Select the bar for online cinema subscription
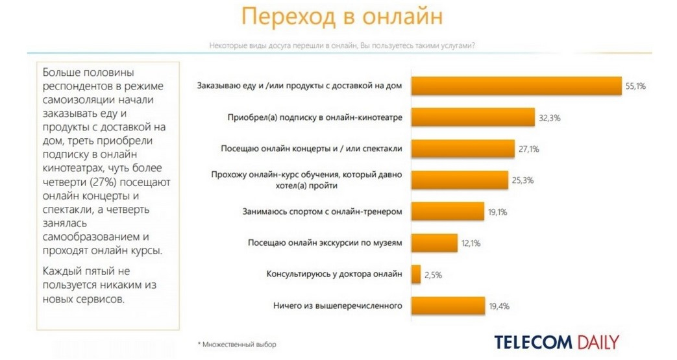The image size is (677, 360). pos(473,117)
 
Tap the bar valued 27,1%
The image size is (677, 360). pos(463,149)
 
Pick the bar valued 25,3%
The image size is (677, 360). pos(460,180)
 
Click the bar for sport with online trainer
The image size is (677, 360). pos(448,211)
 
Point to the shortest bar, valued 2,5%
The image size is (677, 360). pos(416,274)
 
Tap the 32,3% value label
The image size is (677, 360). pos(550,118)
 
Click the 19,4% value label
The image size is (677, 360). pos(500,306)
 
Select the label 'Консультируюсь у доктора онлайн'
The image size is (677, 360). pos(334,274)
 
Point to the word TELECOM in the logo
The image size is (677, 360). pos(533,342)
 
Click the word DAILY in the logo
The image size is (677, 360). pos(597,342)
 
